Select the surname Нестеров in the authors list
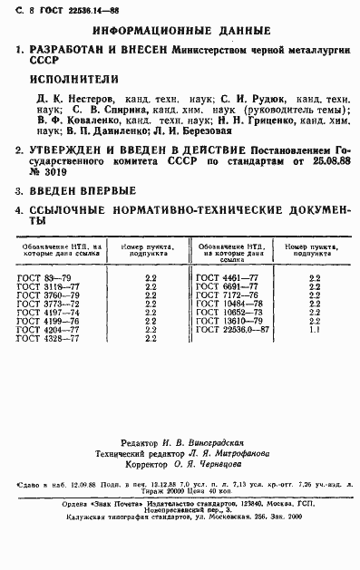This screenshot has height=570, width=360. click(x=92, y=97)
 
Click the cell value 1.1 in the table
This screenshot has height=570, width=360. click(x=314, y=331)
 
